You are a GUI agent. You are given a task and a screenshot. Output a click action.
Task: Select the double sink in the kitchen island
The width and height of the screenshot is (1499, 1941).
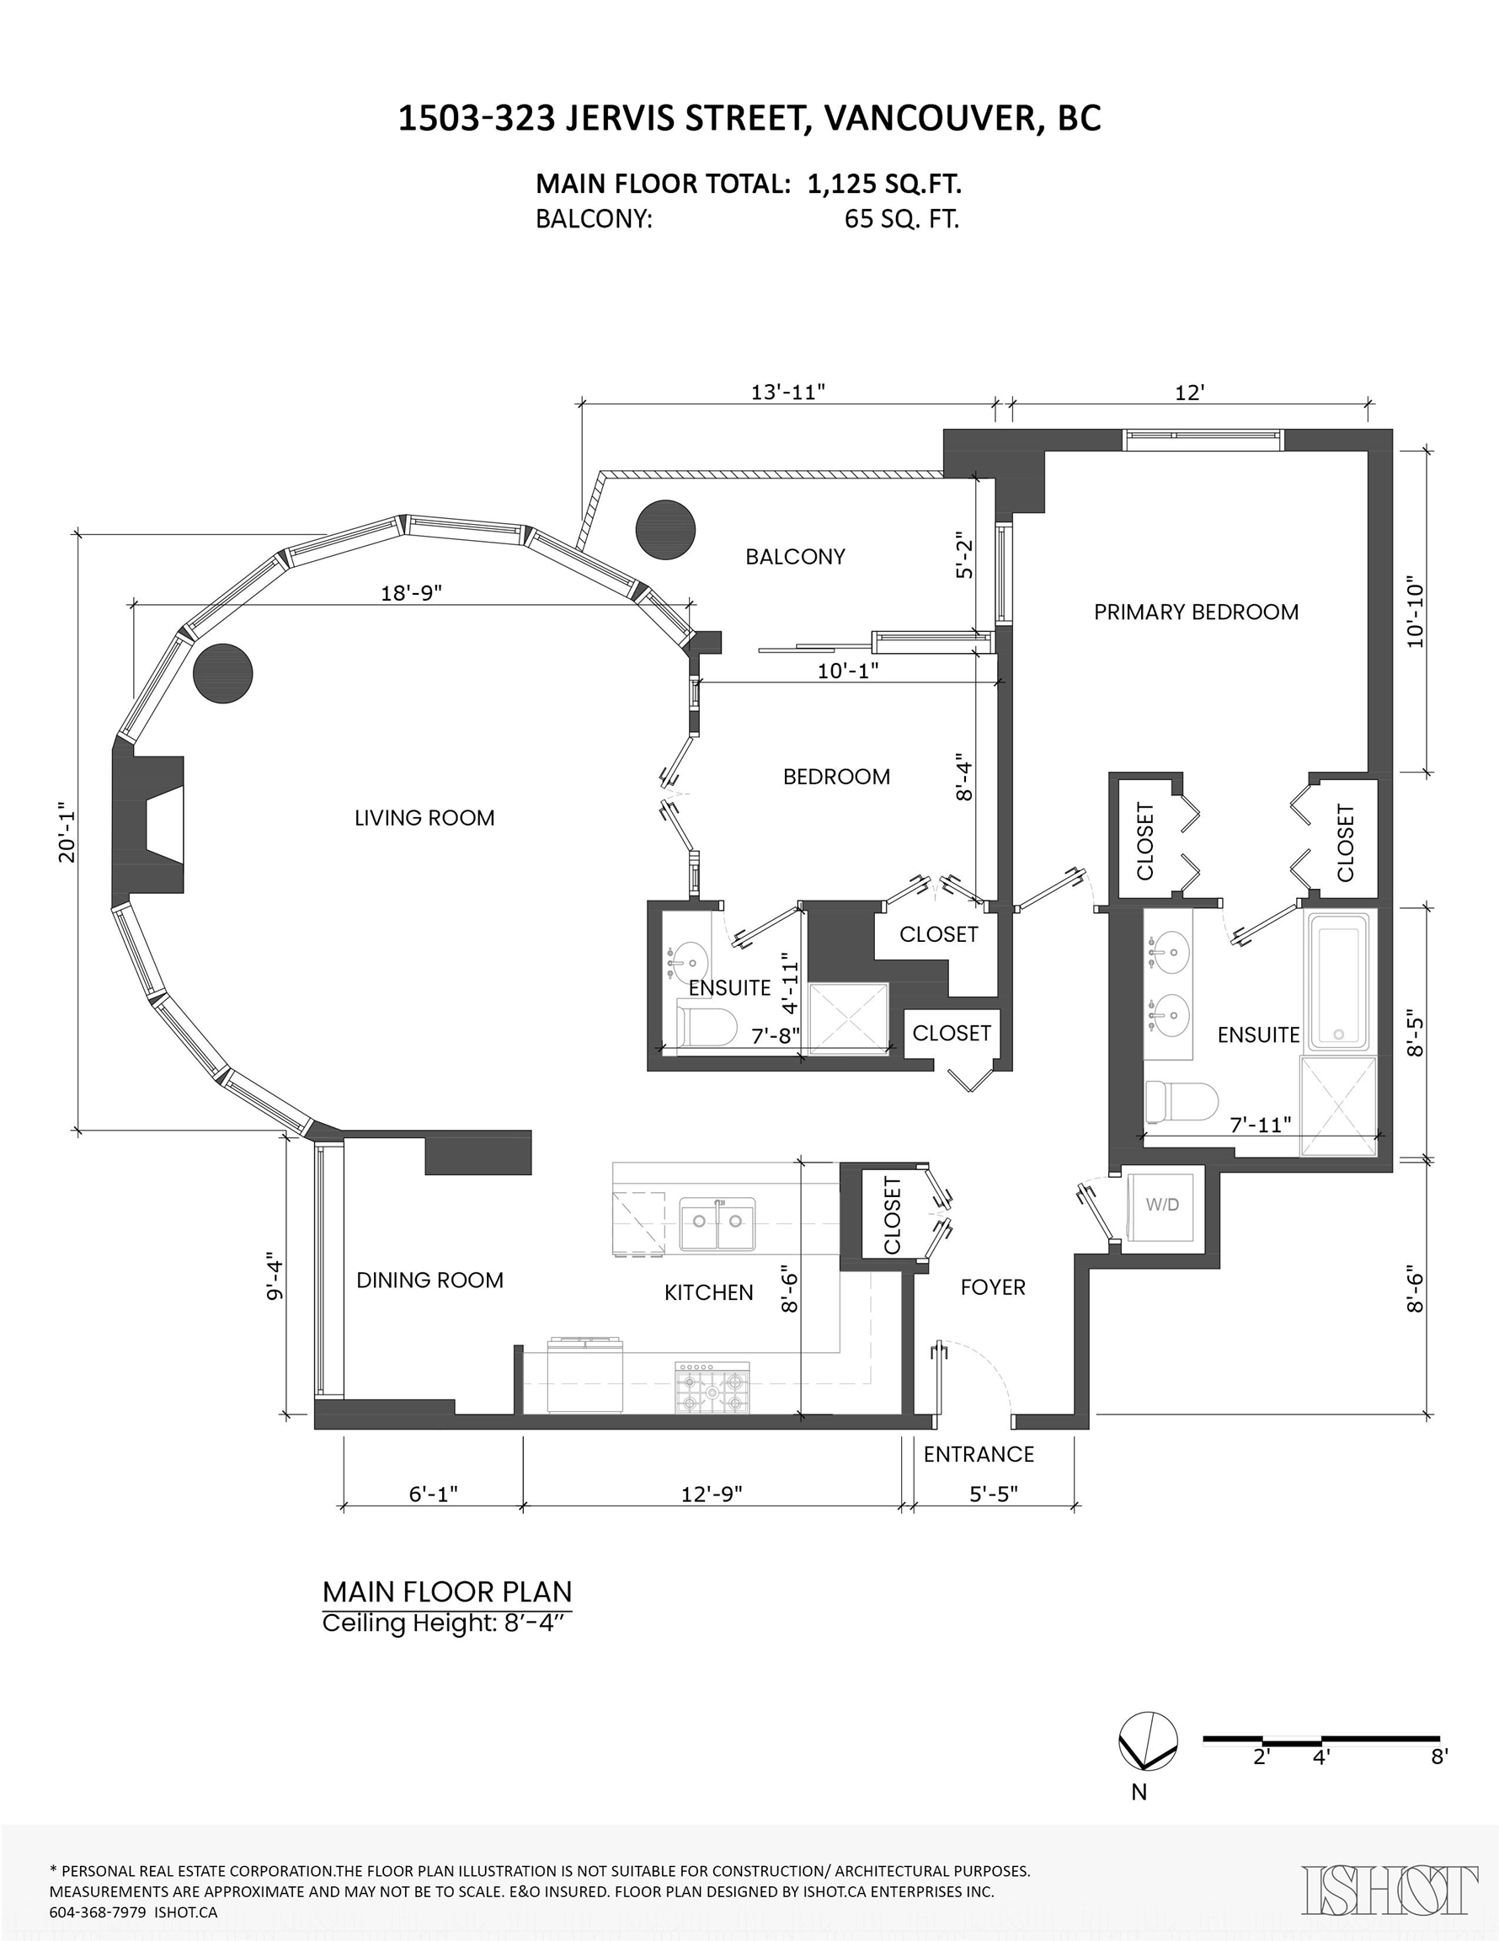pos(718,1224)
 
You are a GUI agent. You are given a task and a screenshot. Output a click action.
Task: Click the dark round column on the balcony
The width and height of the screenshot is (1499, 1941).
pos(665,530)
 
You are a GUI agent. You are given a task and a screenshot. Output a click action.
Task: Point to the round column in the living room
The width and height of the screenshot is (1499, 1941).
pos(223,674)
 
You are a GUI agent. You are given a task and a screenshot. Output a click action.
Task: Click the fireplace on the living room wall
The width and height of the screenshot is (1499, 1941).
pos(149,825)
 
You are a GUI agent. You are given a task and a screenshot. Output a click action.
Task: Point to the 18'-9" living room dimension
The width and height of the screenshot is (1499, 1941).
pos(412,593)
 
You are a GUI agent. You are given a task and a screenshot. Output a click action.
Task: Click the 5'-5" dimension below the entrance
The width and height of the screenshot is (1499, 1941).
pos(993,1494)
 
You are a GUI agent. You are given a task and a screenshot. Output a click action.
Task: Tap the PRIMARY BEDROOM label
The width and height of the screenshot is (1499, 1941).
pos(1195,612)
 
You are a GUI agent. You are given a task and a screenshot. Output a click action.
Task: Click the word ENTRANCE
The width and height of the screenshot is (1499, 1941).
pos(979,1454)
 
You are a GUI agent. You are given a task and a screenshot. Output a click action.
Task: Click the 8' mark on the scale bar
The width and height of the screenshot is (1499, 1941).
pos(1438,1757)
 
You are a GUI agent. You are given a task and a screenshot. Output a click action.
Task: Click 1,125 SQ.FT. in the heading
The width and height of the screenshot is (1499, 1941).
pos(884,184)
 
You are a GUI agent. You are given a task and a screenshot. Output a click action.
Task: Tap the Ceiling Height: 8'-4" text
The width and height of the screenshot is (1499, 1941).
pos(444,1623)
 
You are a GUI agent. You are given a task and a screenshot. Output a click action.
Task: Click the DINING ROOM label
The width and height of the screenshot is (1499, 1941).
pos(429,1280)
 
